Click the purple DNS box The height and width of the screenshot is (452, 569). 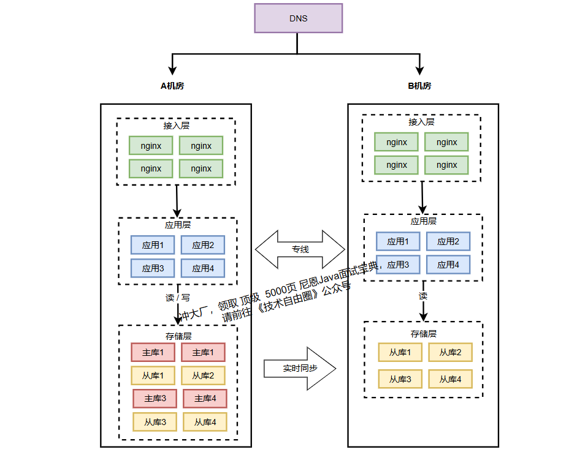click(298, 18)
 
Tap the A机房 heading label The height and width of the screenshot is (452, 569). click(172, 86)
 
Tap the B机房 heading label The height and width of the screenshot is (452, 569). click(419, 86)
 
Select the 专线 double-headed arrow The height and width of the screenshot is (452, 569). click(300, 249)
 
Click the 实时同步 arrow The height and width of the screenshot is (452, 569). click(300, 369)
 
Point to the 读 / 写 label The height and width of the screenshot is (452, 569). click(177, 298)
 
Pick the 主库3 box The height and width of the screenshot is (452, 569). click(155, 399)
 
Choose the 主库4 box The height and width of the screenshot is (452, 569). click(205, 399)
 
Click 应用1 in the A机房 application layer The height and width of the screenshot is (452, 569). click(153, 245)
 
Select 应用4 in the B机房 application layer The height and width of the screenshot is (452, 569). click(448, 265)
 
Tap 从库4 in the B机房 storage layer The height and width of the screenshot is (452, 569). click(450, 379)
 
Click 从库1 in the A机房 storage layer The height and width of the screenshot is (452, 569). click(153, 375)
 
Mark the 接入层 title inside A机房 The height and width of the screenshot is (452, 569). click(176, 126)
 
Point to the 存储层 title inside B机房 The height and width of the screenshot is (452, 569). click(423, 334)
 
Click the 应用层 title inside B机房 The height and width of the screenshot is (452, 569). click(423, 221)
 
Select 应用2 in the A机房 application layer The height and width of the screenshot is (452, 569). click(203, 245)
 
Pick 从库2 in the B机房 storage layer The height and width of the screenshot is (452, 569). click(450, 352)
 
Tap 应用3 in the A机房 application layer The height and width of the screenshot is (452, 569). click(153, 268)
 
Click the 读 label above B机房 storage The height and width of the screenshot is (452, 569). click(423, 296)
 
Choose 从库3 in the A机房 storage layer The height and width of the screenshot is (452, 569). click(155, 422)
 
